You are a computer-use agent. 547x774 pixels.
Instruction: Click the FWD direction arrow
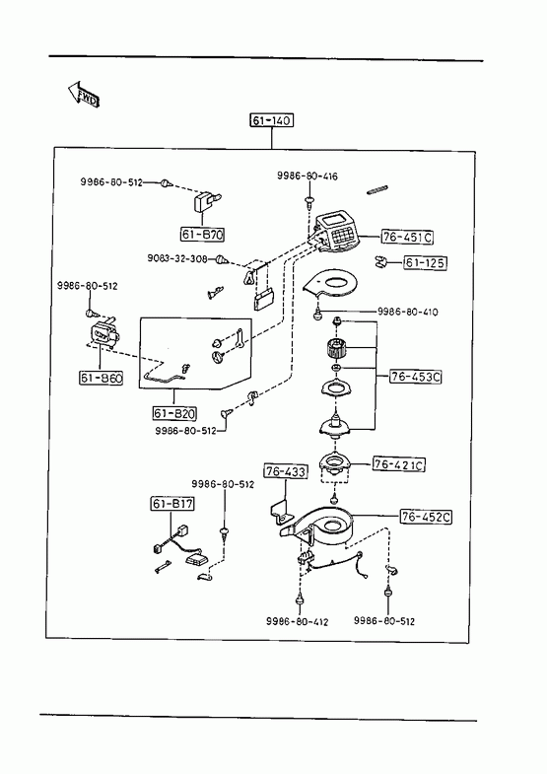point(84,95)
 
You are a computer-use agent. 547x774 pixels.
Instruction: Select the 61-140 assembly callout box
point(271,120)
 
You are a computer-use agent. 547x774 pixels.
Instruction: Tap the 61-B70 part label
point(202,235)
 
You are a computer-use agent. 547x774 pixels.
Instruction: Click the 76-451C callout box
point(407,238)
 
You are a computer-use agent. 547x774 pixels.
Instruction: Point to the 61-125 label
point(425,263)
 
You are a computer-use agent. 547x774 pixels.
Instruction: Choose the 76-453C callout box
point(416,377)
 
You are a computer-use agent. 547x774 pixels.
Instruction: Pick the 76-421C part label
point(398,465)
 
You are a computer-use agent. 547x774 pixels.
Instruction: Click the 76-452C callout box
point(426,517)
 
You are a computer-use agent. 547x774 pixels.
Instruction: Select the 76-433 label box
point(286,471)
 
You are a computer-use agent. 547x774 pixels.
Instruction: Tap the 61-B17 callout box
point(172,504)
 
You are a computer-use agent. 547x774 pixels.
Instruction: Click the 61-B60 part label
point(102,378)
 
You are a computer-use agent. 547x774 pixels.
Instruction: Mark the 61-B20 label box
point(174,413)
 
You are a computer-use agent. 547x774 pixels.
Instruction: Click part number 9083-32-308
point(177,258)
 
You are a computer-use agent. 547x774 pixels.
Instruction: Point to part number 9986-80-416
point(308,176)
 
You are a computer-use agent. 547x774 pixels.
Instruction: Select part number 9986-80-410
point(407,312)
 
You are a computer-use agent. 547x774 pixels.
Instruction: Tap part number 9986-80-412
point(297,621)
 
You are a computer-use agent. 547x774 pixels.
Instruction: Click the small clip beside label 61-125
point(379,262)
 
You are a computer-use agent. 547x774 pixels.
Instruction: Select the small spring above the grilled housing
point(378,189)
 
